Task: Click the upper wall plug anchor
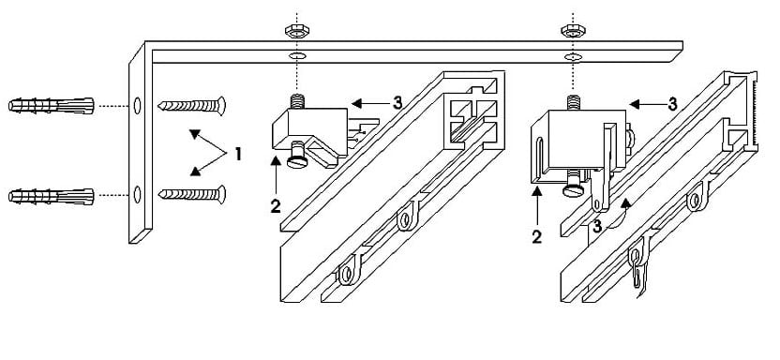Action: click(x=52, y=105)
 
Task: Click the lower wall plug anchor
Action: click(x=52, y=197)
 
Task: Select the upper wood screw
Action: click(x=191, y=105)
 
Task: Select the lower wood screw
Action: click(x=191, y=194)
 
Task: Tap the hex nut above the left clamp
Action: click(x=297, y=31)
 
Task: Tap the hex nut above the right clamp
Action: click(x=573, y=31)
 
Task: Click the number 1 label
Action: click(x=238, y=155)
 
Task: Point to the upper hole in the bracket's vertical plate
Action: click(x=137, y=106)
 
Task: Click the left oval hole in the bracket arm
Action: click(x=297, y=56)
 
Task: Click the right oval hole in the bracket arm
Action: click(x=573, y=56)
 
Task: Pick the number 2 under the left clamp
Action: click(x=276, y=206)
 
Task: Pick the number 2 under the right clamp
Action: click(x=537, y=237)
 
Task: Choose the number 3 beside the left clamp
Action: click(x=397, y=103)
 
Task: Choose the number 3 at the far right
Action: click(x=672, y=104)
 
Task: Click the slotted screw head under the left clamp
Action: click(x=296, y=160)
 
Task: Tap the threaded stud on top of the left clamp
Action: click(x=297, y=101)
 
